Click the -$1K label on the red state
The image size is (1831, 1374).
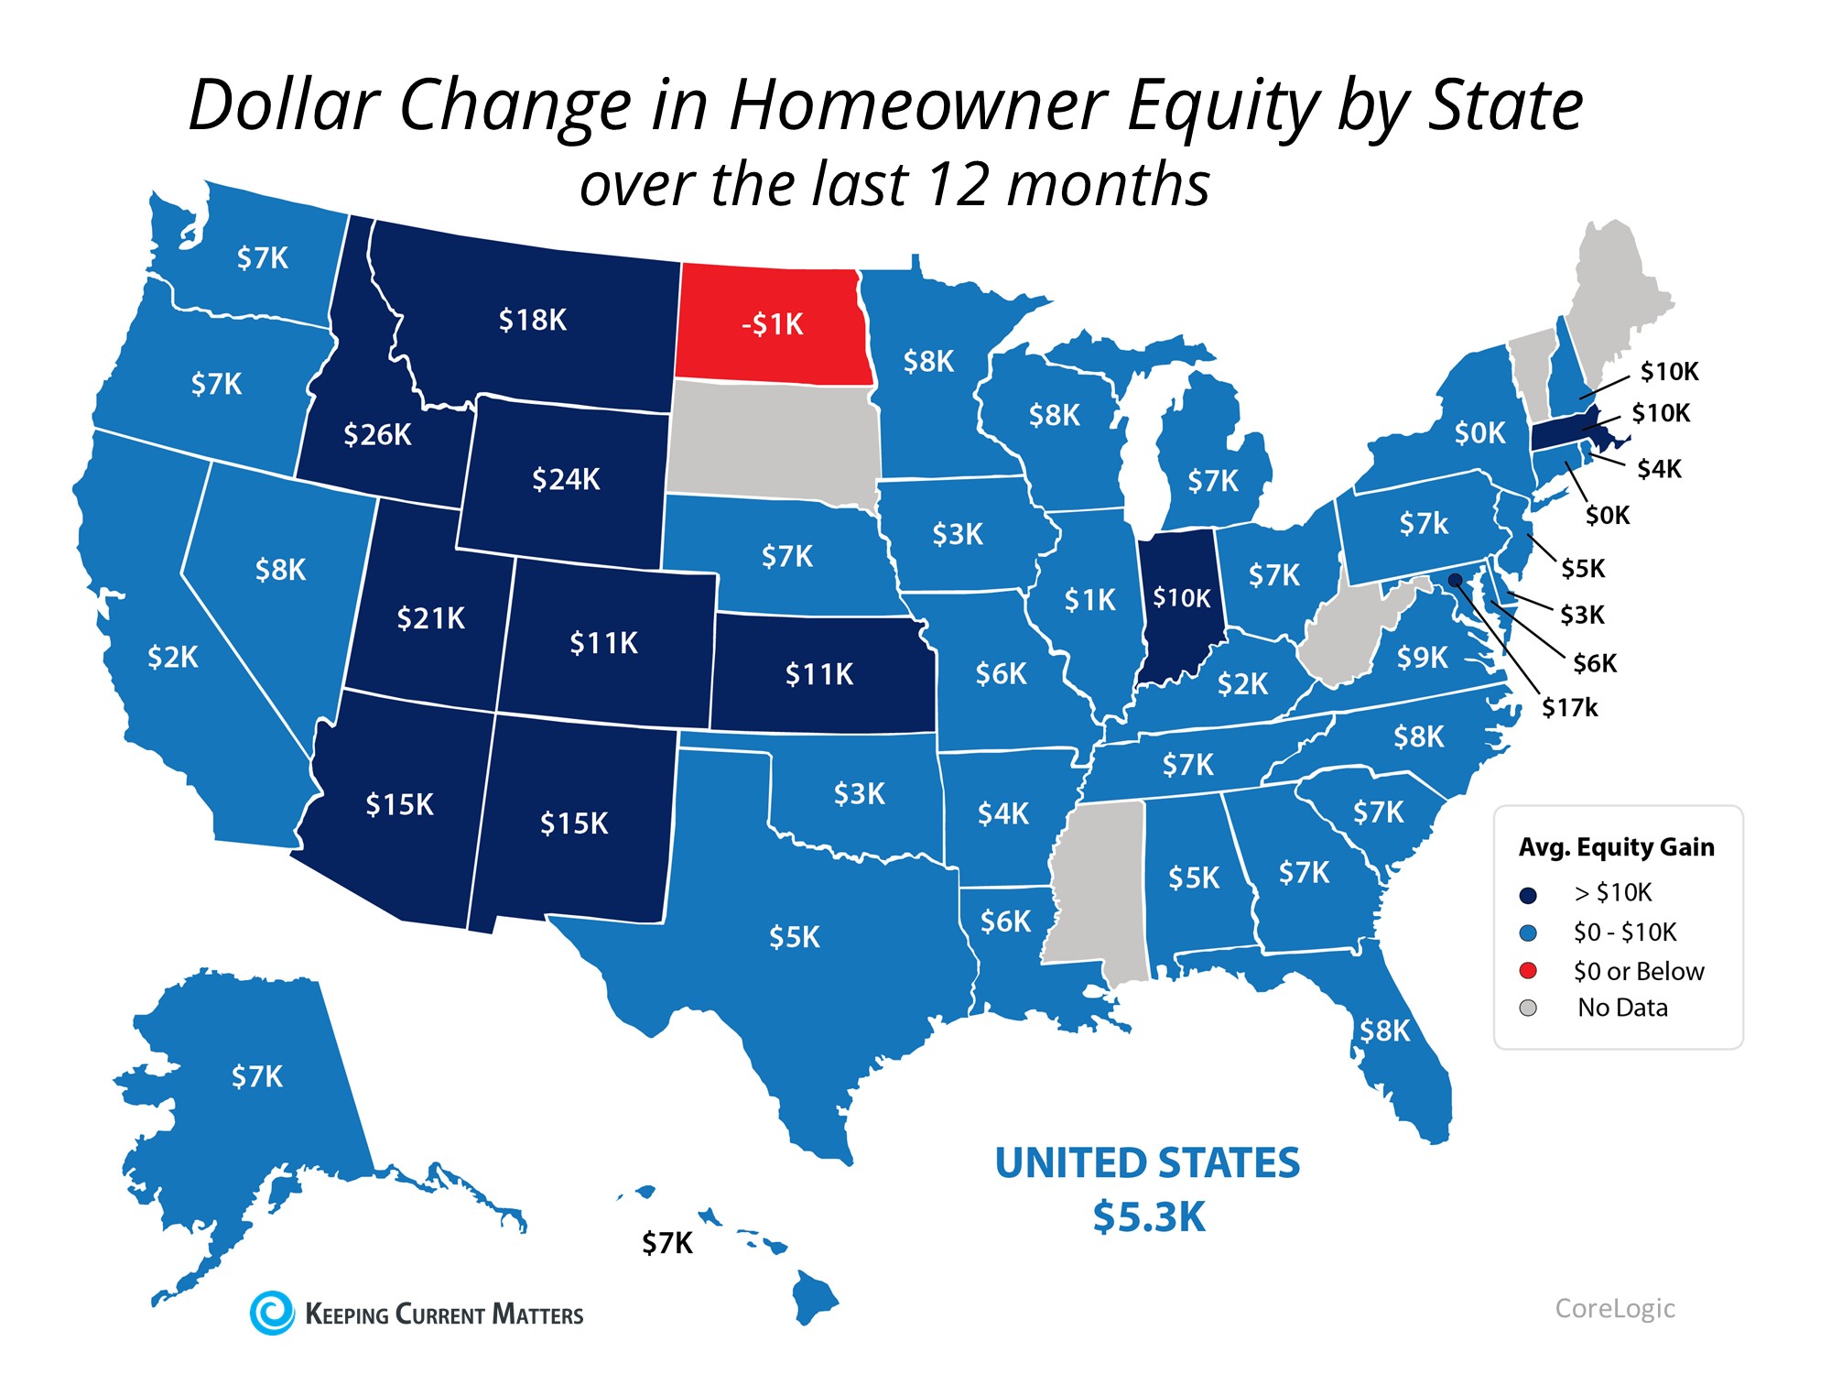click(x=772, y=324)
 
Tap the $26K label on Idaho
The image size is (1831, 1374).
click(x=377, y=434)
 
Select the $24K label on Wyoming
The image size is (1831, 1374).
click(x=566, y=479)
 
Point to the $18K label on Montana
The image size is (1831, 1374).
click(x=532, y=320)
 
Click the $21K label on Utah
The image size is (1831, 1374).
click(x=430, y=618)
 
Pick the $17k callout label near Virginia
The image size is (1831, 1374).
click(x=1569, y=707)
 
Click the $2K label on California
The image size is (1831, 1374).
click(x=172, y=657)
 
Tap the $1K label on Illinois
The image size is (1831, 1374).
click(x=1089, y=600)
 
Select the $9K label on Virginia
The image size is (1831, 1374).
click(x=1422, y=657)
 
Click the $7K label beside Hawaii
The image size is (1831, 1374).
click(x=666, y=1243)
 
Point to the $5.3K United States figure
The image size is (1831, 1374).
click(x=1149, y=1217)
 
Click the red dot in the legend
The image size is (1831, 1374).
click(x=1527, y=970)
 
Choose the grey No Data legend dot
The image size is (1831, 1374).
click(x=1527, y=1008)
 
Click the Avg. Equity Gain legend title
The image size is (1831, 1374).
click(x=1616, y=847)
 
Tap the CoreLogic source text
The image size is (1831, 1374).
click(x=1615, y=1308)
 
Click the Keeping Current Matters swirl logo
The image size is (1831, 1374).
click(x=272, y=1313)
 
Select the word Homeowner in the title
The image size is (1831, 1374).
click(x=918, y=105)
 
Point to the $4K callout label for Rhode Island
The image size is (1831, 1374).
click(x=1659, y=469)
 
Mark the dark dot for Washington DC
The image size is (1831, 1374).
click(x=1455, y=579)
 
